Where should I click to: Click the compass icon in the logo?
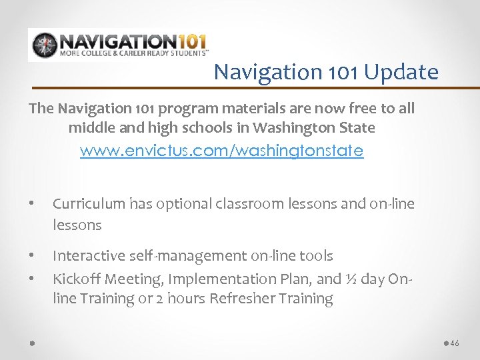44,45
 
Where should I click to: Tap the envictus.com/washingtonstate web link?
221,151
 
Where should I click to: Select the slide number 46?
455,343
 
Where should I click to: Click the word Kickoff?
74,278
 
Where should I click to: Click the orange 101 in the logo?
185,40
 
